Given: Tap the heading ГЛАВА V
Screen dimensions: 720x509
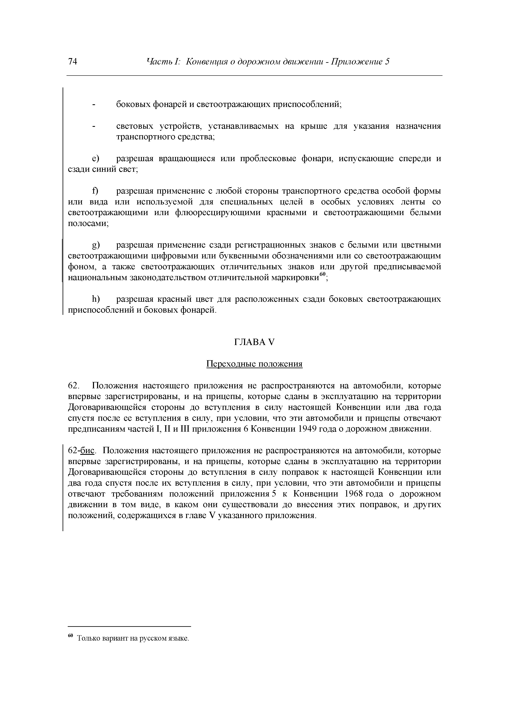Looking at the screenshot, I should (x=254, y=342).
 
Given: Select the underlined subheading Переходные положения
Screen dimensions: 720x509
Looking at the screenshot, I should (x=254, y=364).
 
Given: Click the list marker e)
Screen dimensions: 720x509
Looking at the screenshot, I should (x=95, y=159).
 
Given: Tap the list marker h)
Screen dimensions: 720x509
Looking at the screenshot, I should (x=95, y=299).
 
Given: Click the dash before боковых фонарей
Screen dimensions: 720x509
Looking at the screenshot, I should (x=93, y=104).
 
